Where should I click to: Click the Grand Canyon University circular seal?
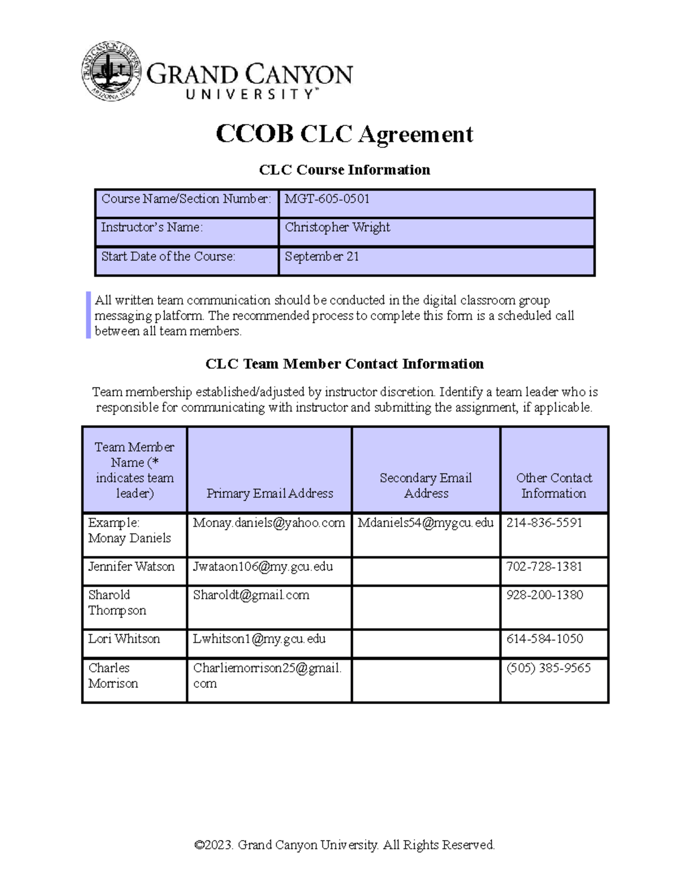[x=112, y=71]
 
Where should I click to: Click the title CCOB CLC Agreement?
[x=344, y=134]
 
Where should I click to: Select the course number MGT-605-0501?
[x=327, y=199]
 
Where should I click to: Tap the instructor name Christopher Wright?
[x=338, y=227]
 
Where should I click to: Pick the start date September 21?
[x=321, y=256]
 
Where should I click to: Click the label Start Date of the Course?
[x=168, y=256]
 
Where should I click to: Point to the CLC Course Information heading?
[x=344, y=170]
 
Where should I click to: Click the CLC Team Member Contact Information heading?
[x=344, y=364]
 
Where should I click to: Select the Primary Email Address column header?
[x=270, y=493]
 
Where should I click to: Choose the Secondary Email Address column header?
[x=425, y=485]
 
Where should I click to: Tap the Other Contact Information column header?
[x=554, y=485]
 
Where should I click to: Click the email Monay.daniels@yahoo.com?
[x=269, y=523]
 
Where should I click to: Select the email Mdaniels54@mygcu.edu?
[x=425, y=523]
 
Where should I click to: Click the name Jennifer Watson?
[x=131, y=566]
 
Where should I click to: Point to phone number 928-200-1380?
[x=545, y=595]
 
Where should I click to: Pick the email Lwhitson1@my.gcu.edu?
[x=259, y=639]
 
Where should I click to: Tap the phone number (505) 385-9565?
[x=548, y=668]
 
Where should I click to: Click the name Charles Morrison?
[x=113, y=676]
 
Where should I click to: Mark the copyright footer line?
[x=344, y=845]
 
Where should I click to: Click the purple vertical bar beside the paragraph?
[x=89, y=315]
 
